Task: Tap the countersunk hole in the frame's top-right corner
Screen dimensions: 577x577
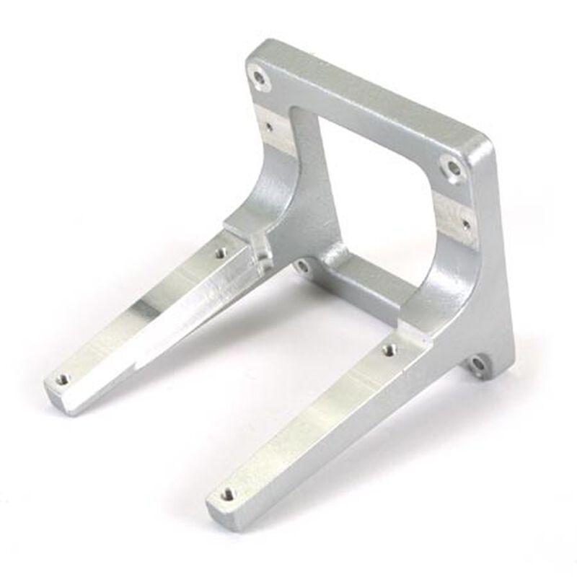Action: click(x=453, y=169)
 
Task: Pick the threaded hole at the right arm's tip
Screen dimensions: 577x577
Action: click(x=227, y=494)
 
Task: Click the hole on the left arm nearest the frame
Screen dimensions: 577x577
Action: click(x=221, y=253)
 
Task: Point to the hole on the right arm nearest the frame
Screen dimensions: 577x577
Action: click(x=389, y=350)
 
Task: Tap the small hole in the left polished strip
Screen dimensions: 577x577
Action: click(x=269, y=126)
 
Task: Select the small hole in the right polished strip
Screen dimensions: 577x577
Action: click(x=466, y=224)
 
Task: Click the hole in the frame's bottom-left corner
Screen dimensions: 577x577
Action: click(x=303, y=266)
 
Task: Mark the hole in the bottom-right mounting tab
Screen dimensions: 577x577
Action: click(x=478, y=366)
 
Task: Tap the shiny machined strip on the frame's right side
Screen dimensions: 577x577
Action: click(x=454, y=216)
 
